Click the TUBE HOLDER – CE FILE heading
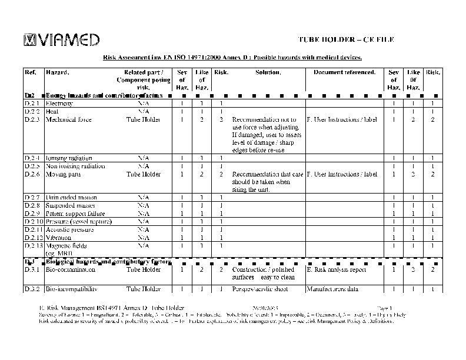point(345,39)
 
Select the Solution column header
point(268,72)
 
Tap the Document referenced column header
point(344,72)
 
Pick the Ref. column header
point(31,72)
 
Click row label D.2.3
point(32,119)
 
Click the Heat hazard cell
point(52,111)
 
